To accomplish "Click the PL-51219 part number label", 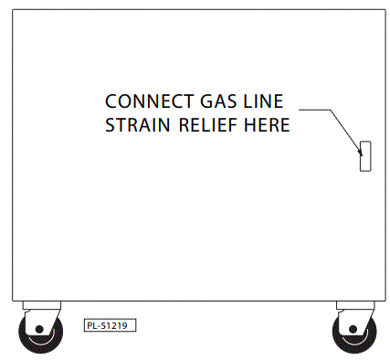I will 110,324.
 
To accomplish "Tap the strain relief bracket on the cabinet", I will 364,156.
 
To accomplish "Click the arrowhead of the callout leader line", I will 359,144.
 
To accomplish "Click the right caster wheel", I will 352,333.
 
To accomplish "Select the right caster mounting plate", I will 355,305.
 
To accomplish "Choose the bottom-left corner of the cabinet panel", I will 12,300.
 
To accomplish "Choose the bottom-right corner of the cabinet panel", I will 377,300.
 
